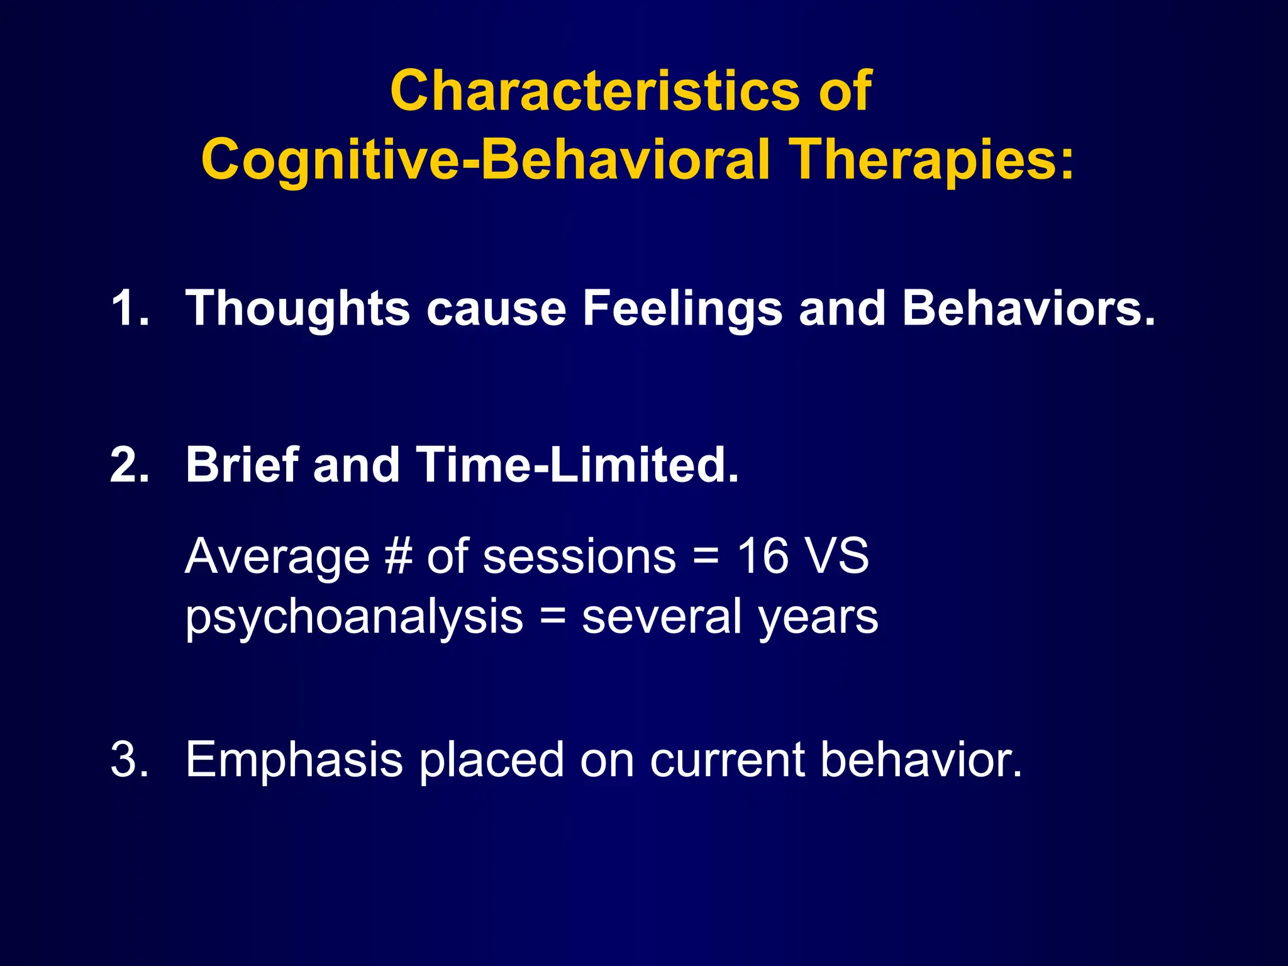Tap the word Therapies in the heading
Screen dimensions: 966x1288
(931, 160)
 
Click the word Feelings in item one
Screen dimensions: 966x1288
(683, 308)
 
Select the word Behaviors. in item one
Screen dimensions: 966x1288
(1029, 308)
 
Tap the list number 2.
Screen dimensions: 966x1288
(129, 465)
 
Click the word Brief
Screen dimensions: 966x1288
(241, 465)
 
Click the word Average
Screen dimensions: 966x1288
(277, 557)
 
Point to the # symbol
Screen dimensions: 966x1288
(398, 557)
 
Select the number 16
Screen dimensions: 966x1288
(762, 556)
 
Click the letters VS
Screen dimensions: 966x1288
(838, 556)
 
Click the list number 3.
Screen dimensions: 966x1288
(129, 759)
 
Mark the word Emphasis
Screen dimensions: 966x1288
(294, 760)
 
